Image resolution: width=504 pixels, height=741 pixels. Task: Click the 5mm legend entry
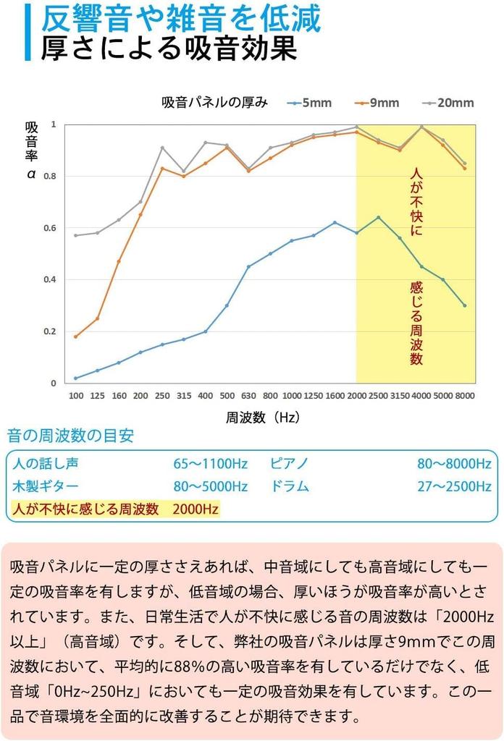tap(316, 103)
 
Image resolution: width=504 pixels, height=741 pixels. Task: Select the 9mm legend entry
tap(385, 103)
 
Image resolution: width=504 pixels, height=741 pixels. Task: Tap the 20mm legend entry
tap(455, 103)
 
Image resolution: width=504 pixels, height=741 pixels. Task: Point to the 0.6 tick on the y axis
tap(51, 228)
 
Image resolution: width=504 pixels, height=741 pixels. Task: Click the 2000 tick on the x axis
tap(356, 397)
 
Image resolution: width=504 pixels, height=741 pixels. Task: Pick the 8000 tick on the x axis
tap(465, 397)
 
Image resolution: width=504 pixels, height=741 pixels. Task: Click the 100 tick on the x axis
tap(75, 397)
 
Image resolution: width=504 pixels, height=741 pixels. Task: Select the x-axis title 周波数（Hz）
tap(263, 418)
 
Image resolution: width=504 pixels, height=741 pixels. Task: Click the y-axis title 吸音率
tap(32, 141)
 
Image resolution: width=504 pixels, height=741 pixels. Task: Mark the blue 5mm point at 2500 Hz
tap(378, 217)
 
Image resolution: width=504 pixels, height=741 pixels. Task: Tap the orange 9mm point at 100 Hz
tap(75, 336)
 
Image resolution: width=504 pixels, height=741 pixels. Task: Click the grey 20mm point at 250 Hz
tap(162, 148)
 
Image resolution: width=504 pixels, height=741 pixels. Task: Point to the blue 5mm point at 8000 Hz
tap(465, 305)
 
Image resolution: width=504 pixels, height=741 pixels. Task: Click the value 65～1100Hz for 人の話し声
tap(210, 464)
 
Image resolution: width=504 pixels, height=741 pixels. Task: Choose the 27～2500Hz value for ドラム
tap(454, 486)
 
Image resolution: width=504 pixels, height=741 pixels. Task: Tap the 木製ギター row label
tap(46, 486)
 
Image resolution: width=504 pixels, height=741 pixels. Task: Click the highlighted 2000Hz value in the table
tap(196, 509)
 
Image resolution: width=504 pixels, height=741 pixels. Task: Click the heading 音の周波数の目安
tap(70, 436)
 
